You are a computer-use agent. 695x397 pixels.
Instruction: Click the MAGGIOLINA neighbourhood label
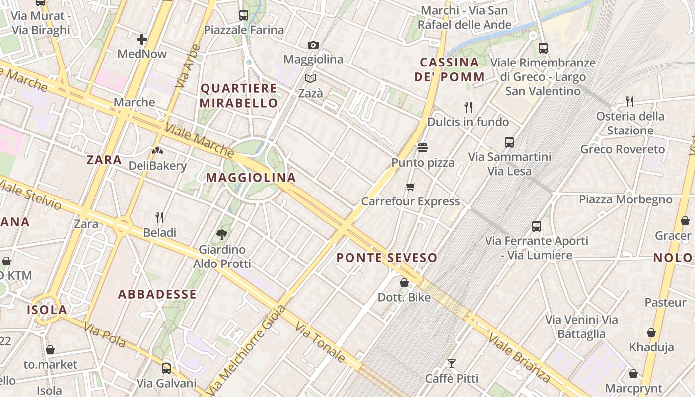[251, 178]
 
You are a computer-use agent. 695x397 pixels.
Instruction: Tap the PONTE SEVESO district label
[387, 258]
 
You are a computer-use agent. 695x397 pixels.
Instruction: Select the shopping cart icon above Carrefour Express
[410, 187]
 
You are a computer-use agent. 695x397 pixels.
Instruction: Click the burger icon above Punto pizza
[423, 148]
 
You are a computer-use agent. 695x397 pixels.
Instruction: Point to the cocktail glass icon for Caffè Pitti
[451, 364]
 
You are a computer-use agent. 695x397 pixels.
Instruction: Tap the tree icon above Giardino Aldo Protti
[222, 234]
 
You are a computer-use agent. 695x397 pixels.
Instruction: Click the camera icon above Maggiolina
[313, 45]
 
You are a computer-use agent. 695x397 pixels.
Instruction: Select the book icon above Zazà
[310, 79]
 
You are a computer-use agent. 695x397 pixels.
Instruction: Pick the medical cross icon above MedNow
[142, 39]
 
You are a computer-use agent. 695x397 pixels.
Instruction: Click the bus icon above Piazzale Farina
[243, 15]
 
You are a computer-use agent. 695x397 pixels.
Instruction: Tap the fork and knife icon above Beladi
[159, 218]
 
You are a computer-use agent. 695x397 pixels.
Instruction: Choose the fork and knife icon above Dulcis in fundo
[468, 107]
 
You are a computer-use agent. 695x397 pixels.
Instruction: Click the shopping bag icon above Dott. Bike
[404, 283]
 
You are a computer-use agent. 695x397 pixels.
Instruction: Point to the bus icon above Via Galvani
[166, 369]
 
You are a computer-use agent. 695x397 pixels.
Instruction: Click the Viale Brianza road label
[519, 357]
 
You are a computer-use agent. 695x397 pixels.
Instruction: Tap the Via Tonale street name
[320, 342]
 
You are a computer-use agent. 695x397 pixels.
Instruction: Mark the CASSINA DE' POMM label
[450, 69]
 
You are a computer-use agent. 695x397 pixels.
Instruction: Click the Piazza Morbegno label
[625, 199]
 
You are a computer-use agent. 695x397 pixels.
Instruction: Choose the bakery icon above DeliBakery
[157, 151]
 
